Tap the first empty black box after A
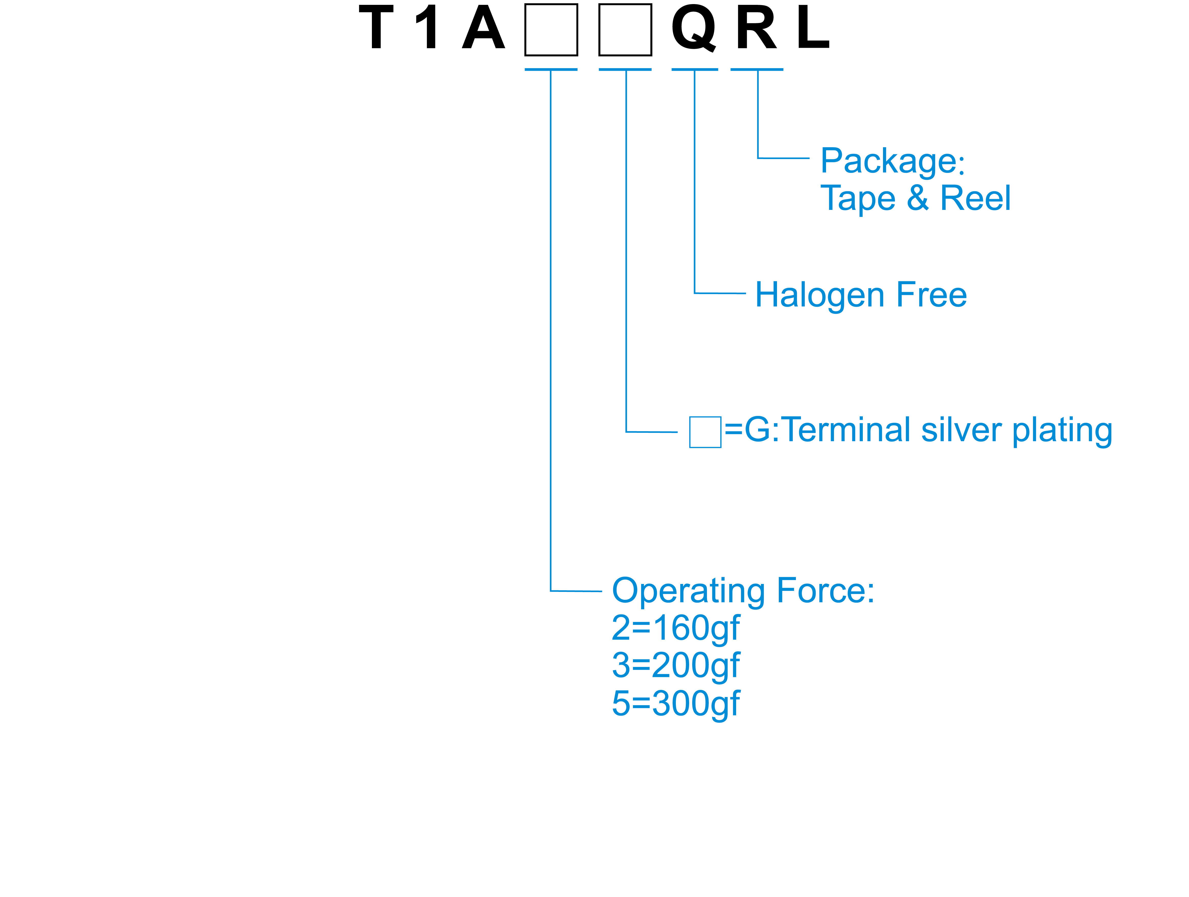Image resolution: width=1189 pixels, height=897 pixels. point(551,30)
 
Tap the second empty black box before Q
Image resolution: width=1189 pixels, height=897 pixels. point(625,30)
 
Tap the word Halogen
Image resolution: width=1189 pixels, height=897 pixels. point(820,296)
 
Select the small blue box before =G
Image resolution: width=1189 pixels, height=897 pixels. point(705,432)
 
